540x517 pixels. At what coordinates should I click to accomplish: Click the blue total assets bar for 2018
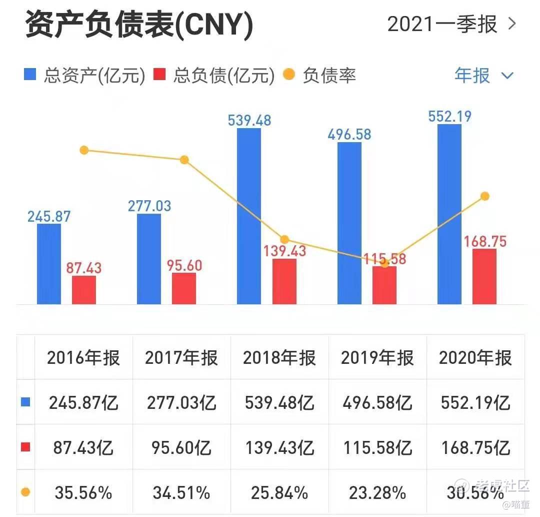coord(248,216)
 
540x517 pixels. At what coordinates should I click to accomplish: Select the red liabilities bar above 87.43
coord(83,290)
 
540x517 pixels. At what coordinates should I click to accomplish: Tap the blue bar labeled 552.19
coord(449,214)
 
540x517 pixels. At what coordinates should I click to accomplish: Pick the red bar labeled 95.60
coord(183,288)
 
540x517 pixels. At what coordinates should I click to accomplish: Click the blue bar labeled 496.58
coord(349,223)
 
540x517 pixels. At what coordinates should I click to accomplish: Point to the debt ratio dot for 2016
coord(84,150)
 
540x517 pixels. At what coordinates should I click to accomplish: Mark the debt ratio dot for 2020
coord(484,196)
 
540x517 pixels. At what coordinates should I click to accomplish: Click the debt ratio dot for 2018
coord(284,239)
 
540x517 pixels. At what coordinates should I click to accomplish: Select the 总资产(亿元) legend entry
coord(85,76)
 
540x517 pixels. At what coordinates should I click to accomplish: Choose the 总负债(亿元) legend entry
coord(214,76)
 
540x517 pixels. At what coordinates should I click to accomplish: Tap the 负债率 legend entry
coord(320,76)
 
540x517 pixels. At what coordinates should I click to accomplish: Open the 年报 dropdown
coord(483,76)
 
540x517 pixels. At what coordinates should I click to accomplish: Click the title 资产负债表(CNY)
coord(139,25)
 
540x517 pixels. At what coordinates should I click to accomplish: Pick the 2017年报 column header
coord(181,358)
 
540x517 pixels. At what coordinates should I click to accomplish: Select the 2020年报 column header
coord(475,358)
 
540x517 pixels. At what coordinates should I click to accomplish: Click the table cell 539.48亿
coord(279,403)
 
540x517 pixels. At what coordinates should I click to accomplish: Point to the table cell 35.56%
coord(83,493)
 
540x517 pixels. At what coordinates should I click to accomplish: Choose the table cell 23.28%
coord(377,493)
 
